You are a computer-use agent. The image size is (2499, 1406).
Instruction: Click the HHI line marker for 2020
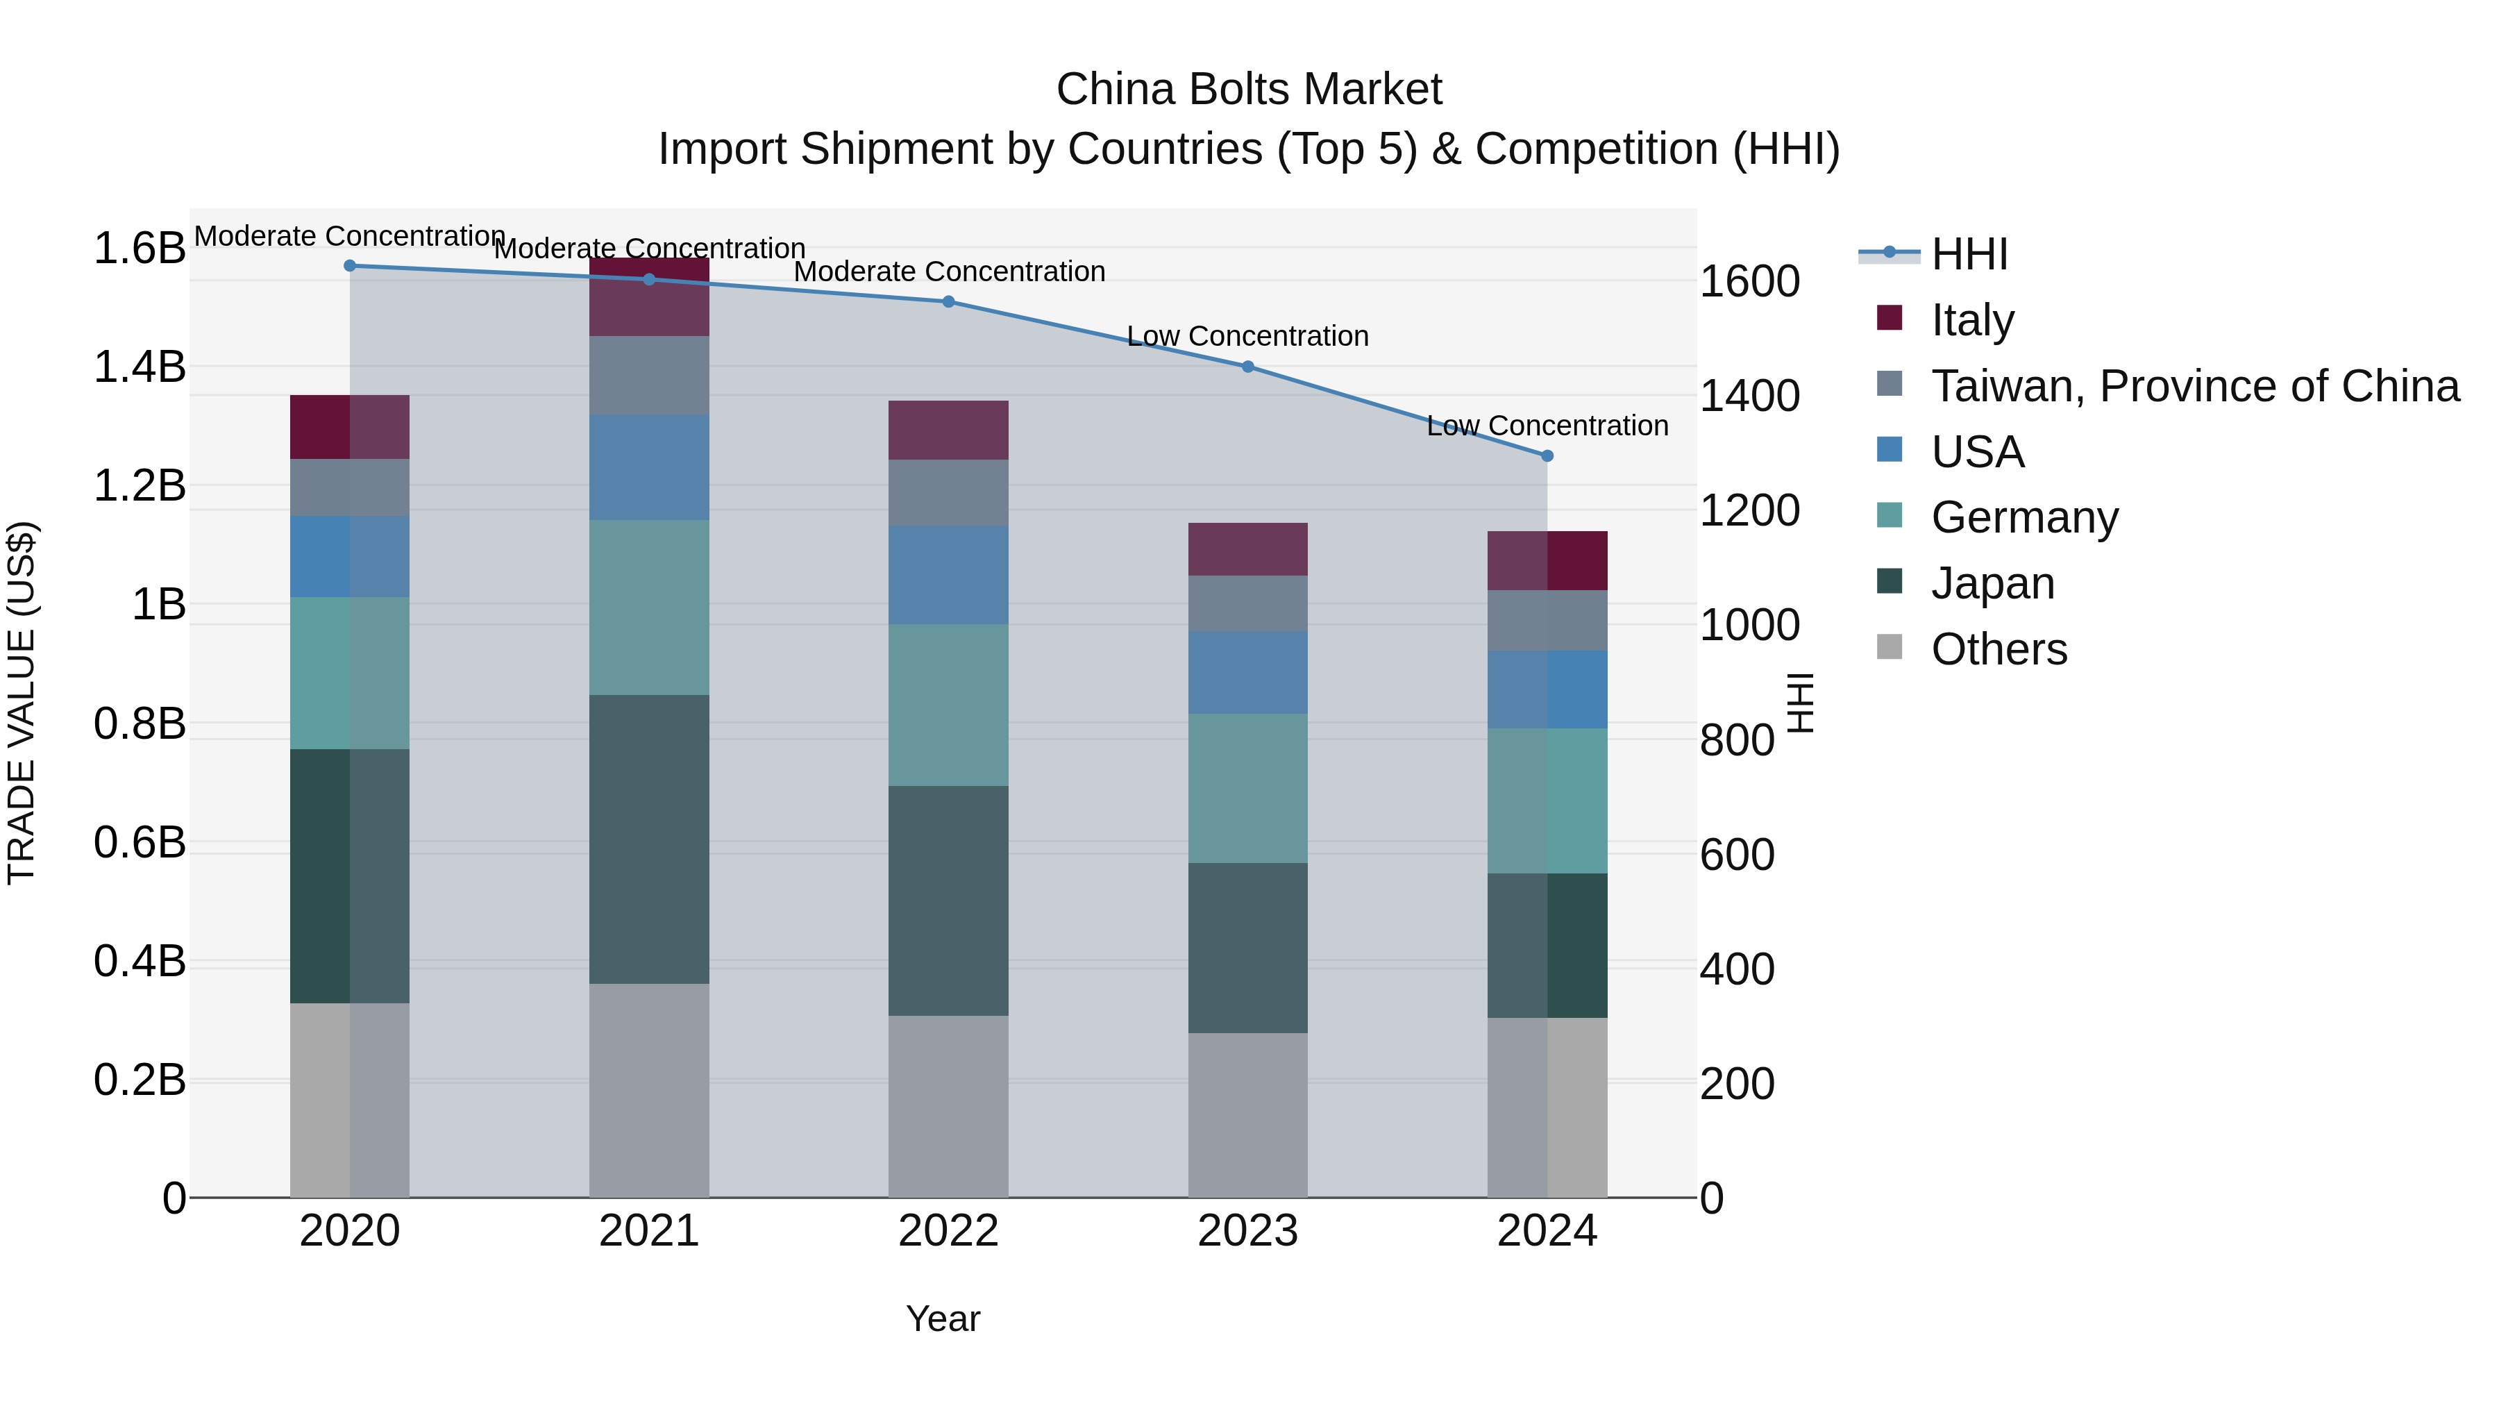351,266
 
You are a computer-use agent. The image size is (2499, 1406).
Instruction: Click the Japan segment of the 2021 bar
649,839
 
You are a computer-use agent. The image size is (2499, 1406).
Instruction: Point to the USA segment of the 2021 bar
649,468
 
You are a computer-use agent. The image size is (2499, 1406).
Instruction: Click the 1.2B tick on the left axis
140,486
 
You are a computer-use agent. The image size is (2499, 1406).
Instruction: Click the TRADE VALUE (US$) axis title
22,703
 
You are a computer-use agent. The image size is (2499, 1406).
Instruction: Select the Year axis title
943,1319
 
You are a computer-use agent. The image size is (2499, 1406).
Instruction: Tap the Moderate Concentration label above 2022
949,271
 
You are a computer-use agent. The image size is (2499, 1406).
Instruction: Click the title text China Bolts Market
1249,90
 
